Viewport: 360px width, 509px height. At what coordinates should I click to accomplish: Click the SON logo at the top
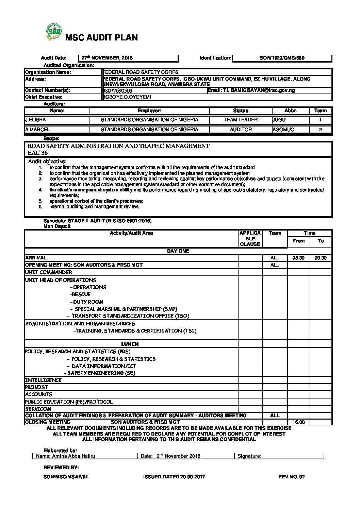tap(54, 32)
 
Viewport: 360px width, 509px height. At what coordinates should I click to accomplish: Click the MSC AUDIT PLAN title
tap(101, 38)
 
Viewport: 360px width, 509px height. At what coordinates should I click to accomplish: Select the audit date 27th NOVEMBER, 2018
tap(107, 58)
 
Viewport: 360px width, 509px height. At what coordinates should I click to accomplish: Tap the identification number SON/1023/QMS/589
tap(282, 58)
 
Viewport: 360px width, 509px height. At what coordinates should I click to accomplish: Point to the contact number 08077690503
tap(117, 91)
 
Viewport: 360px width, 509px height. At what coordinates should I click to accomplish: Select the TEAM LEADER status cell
tap(241, 120)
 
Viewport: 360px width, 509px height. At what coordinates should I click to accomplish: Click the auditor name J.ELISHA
tap(36, 120)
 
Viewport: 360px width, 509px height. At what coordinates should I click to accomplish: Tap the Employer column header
tap(149, 111)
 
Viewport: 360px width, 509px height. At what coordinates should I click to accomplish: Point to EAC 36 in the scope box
tap(38, 153)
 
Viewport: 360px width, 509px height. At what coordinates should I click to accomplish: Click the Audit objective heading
tap(47, 162)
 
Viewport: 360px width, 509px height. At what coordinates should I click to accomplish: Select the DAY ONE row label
tap(178, 251)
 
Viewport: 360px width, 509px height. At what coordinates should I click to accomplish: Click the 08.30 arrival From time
tap(298, 258)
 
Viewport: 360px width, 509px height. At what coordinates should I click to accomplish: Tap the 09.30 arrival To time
tap(321, 258)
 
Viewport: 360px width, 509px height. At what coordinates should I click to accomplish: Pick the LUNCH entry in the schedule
tap(130, 344)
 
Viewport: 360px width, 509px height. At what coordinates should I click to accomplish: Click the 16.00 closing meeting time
tap(298, 422)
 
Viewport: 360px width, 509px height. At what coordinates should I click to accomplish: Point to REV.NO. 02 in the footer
tap(292, 477)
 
